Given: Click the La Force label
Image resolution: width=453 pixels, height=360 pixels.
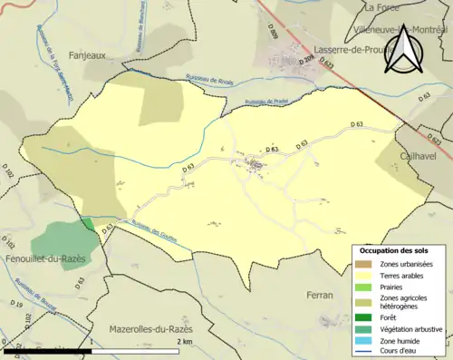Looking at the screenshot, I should point(381,6).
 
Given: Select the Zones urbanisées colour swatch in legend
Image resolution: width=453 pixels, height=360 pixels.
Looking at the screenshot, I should point(365,263).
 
